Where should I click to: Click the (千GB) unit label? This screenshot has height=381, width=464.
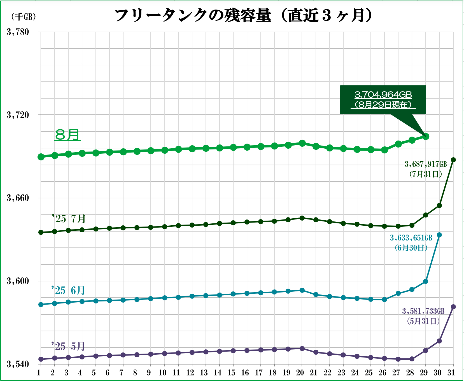pyautogui.click(x=24, y=17)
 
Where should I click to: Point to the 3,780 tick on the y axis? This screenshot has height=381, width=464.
pyautogui.click(x=18, y=32)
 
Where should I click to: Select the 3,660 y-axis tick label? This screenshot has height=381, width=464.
pyautogui.click(x=18, y=198)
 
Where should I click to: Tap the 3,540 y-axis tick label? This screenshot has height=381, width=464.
pyautogui.click(x=18, y=364)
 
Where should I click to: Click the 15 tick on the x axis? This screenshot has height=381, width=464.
pyautogui.click(x=231, y=373)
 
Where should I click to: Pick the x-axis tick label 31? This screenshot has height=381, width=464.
pyautogui.click(x=451, y=373)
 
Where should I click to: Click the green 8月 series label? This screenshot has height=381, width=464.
pyautogui.click(x=67, y=135)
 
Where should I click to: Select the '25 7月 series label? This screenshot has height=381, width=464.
pyautogui.click(x=69, y=219)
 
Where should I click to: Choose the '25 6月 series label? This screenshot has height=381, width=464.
pyautogui.click(x=68, y=291)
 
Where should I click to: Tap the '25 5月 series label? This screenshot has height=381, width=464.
pyautogui.click(x=68, y=347)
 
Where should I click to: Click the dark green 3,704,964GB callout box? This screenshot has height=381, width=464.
pyautogui.click(x=383, y=100)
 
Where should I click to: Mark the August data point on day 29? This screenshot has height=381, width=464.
pyautogui.click(x=426, y=137)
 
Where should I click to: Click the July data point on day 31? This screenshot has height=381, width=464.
pyautogui.click(x=453, y=160)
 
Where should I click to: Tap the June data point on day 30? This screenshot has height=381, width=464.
pyautogui.click(x=439, y=235)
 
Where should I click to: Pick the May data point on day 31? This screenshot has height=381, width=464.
pyautogui.click(x=453, y=307)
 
